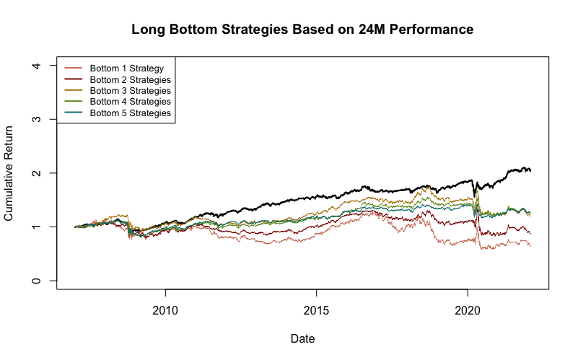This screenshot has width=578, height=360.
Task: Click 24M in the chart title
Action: (372, 30)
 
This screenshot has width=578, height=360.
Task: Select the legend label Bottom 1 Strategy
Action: (127, 69)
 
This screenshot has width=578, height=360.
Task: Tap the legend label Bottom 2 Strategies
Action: (130, 79)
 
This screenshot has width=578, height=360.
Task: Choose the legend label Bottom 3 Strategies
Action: (130, 91)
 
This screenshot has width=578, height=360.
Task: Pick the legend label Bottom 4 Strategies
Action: (130, 102)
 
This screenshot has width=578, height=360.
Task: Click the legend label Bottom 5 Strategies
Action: (130, 113)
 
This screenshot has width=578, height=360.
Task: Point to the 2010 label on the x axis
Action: (165, 311)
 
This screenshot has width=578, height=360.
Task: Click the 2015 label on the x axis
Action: (316, 311)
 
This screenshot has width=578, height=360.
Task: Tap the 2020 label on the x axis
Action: (468, 311)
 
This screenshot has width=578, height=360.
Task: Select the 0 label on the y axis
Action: (37, 281)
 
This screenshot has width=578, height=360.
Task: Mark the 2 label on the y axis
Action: (37, 173)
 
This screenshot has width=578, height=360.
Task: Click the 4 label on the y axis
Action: (37, 66)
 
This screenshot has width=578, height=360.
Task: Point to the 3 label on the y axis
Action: (37, 119)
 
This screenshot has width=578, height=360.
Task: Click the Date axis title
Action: (302, 338)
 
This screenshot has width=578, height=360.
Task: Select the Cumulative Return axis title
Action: (9, 173)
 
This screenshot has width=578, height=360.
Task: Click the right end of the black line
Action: (530, 170)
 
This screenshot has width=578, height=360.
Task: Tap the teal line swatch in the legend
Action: (74, 113)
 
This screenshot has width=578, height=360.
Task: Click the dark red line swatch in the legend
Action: (74, 79)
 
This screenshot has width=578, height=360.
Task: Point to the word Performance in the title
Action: (432, 30)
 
